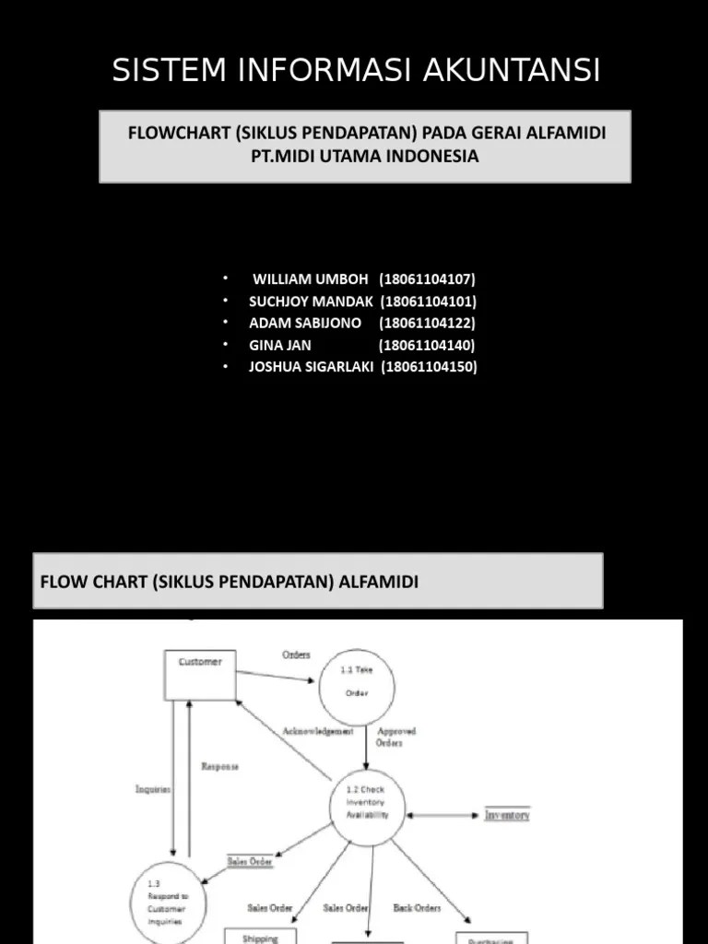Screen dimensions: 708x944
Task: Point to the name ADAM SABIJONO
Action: click(305, 324)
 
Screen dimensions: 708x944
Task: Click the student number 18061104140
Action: click(427, 346)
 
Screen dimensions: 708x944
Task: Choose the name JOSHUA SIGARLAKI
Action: click(311, 367)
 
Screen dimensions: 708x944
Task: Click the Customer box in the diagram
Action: click(200, 674)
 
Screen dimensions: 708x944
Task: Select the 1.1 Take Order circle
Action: click(357, 682)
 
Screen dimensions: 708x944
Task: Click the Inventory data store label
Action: click(508, 815)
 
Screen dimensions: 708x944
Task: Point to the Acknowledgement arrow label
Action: click(317, 731)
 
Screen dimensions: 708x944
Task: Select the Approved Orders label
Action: click(396, 737)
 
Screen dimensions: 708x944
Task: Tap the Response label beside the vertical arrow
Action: click(219, 766)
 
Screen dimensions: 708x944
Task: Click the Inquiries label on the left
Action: click(153, 789)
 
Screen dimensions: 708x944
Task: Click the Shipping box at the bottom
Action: click(261, 937)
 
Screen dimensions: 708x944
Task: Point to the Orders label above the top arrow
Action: click(296, 655)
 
